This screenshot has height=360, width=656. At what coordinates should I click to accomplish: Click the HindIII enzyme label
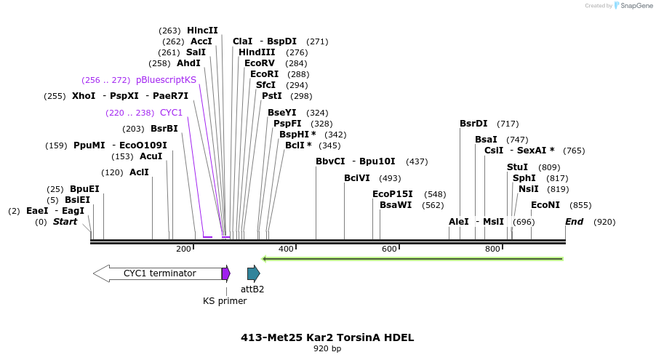pyautogui.click(x=257, y=52)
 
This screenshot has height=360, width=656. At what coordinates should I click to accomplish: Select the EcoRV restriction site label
pyautogui.click(x=260, y=63)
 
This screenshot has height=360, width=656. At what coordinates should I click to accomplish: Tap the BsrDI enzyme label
pyautogui.click(x=473, y=124)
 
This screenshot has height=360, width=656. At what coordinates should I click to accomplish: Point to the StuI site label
pyautogui.click(x=517, y=167)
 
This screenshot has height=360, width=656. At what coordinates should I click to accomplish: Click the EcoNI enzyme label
pyautogui.click(x=545, y=205)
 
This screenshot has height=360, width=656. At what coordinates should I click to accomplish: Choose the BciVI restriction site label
pyautogui.click(x=357, y=178)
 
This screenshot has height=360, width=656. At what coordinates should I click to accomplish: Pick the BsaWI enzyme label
pyautogui.click(x=396, y=205)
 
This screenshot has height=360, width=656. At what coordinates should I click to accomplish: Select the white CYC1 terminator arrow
pyautogui.click(x=156, y=273)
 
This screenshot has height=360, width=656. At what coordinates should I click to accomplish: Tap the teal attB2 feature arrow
pyautogui.click(x=253, y=273)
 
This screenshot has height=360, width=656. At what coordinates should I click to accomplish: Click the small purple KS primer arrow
pyautogui.click(x=226, y=273)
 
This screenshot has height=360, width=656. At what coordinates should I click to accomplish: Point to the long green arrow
pyautogui.click(x=412, y=258)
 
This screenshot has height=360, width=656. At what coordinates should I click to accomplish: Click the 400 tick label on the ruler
pyautogui.click(x=286, y=249)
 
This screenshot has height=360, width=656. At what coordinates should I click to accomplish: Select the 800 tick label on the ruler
pyautogui.click(x=492, y=249)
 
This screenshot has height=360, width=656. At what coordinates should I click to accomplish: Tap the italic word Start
pyautogui.click(x=65, y=222)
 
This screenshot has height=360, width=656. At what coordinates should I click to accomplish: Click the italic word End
pyautogui.click(x=574, y=222)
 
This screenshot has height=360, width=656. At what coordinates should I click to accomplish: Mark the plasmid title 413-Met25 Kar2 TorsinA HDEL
pyautogui.click(x=327, y=337)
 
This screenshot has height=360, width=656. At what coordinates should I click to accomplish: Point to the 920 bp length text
pyautogui.click(x=327, y=349)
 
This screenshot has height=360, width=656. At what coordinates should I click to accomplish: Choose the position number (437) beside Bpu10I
pyautogui.click(x=417, y=161)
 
